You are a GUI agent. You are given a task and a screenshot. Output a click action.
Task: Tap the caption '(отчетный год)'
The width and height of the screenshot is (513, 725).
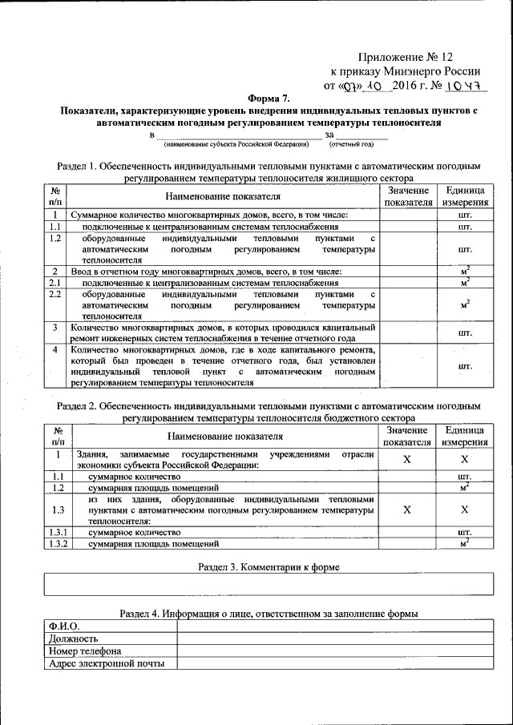click(x=351, y=145)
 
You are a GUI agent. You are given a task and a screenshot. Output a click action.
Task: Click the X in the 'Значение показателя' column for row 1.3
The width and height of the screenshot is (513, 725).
click(x=407, y=510)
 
